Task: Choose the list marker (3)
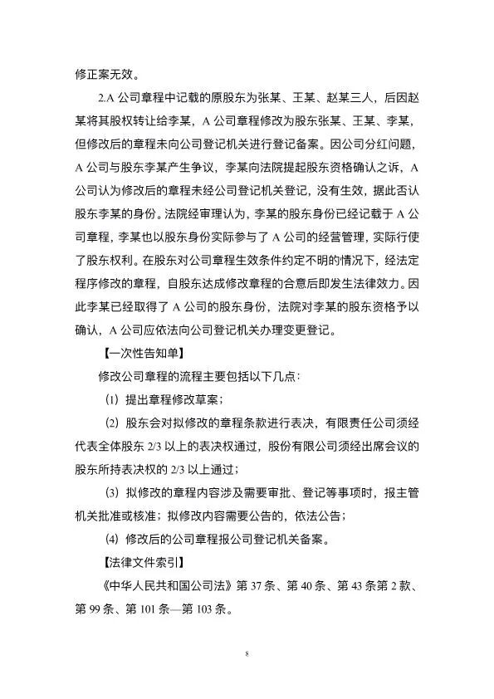point(111,492)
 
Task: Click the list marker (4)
point(111,538)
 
